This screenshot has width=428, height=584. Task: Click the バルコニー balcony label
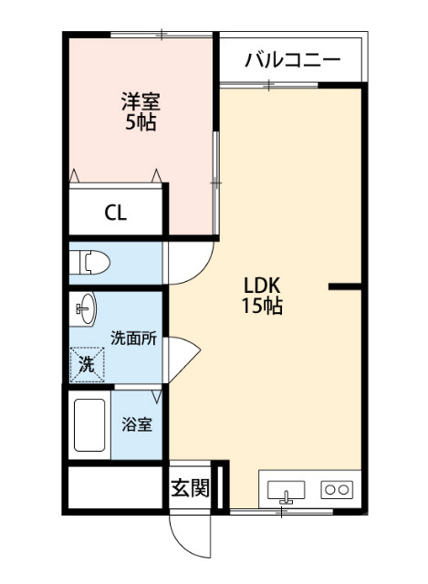point(291,61)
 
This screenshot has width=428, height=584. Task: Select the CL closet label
point(116,214)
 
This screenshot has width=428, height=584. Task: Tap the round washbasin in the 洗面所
point(86,310)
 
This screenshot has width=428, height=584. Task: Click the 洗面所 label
point(133,337)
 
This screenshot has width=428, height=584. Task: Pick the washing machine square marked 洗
point(87,364)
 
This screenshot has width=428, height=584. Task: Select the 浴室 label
point(137,424)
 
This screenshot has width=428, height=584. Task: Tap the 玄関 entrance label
point(190,487)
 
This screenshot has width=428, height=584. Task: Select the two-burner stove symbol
point(337,490)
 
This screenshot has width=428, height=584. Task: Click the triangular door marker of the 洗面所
point(179,352)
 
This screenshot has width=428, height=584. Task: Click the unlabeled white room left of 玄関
point(114,488)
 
